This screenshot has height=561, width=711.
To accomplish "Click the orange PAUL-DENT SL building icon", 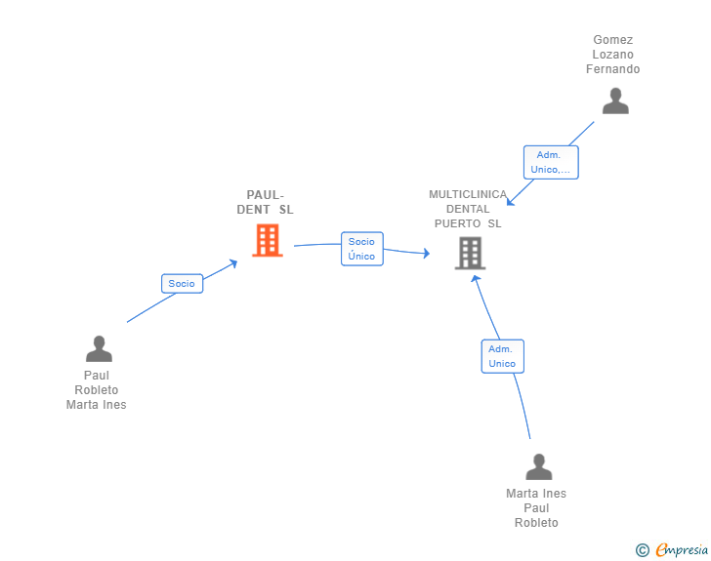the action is (x=268, y=240).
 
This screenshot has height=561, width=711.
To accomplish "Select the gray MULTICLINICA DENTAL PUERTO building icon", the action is (x=470, y=254).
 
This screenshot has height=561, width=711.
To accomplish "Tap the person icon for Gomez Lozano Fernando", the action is (x=615, y=101).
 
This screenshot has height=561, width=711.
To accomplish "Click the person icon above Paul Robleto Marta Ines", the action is (x=99, y=348).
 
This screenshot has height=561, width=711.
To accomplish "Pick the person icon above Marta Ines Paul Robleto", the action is (x=539, y=466).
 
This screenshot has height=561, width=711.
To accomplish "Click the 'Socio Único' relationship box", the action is (x=361, y=249).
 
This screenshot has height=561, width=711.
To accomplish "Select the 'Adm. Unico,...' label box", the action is (x=551, y=162).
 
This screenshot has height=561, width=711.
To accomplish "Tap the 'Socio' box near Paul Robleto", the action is (x=182, y=284).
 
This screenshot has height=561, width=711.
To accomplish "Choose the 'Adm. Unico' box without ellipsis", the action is (x=502, y=356).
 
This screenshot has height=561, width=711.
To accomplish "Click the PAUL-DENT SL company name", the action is (x=266, y=202).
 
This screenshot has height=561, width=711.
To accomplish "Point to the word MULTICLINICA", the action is (x=468, y=194).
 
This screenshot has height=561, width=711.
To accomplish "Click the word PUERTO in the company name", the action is (x=457, y=223).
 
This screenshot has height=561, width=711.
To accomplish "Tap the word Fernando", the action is (x=613, y=69).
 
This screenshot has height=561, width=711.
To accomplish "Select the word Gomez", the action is (x=613, y=40).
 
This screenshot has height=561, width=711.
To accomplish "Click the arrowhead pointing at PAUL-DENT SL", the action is (x=234, y=262).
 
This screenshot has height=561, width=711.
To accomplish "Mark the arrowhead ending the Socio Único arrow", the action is (x=426, y=253).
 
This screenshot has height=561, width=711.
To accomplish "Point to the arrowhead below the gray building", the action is (x=475, y=279).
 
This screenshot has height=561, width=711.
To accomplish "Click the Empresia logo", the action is (x=682, y=549).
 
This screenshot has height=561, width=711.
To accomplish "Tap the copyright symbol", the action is (x=642, y=550).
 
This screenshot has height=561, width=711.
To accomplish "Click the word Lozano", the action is (x=613, y=55).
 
